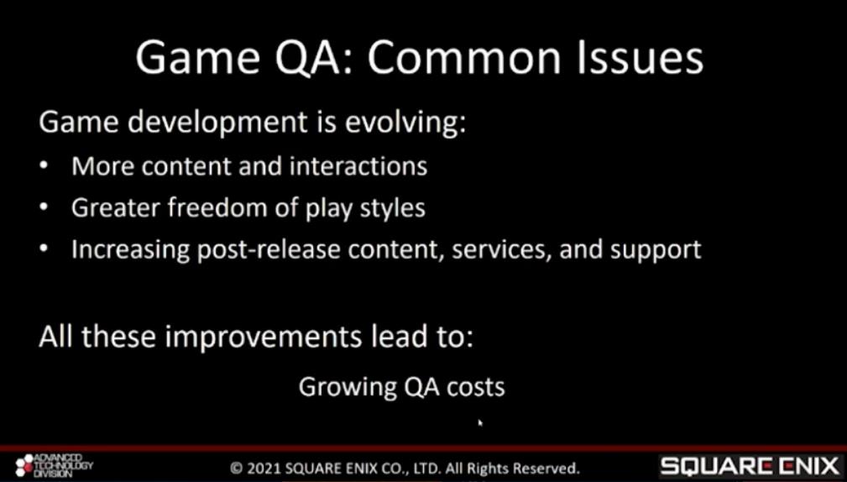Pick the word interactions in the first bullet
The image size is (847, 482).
pos(358,166)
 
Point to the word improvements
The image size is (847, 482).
pos(263,337)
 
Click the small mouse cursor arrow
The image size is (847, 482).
pos(480,422)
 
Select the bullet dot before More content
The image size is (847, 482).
pos(43,166)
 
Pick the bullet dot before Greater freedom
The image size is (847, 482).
pos(43,208)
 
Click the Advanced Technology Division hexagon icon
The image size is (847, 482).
pos(24,466)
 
